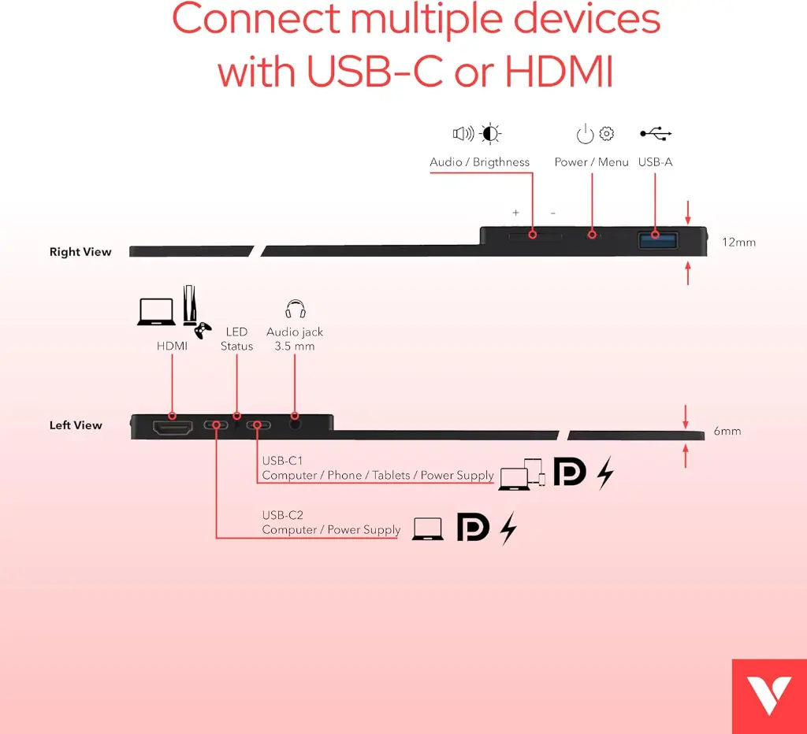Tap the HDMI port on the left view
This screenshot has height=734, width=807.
pos(172,428)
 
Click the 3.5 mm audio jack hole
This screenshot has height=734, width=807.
pos(296,424)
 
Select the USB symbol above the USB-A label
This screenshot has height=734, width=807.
pos(656,134)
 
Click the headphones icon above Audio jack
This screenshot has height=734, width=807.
pos(296,309)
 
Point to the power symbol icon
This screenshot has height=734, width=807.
pos(585,134)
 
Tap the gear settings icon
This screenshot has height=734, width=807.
pos(607,133)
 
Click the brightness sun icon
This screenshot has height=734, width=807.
pos(490,133)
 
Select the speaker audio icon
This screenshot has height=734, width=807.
pos(463,134)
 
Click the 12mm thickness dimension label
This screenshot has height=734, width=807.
pos(738,243)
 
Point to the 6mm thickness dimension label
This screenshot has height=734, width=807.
pos(727,432)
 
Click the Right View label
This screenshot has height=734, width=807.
pos(80,252)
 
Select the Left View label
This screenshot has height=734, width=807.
pos(76,425)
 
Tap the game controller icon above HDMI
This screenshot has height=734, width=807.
pos(203,330)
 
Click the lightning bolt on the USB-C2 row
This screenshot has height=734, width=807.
pos(509,528)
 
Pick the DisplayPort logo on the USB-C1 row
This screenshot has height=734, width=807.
pos(570,472)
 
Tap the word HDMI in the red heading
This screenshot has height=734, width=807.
pos(558,71)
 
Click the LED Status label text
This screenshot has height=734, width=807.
pos(236,339)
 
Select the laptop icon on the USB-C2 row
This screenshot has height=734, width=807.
pos(428,528)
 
